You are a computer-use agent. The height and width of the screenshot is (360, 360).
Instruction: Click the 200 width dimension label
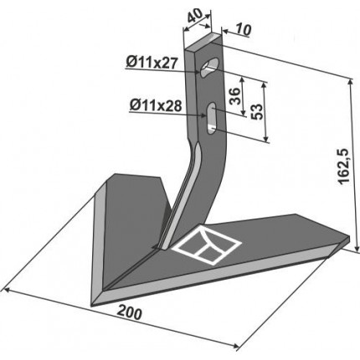[129, 313]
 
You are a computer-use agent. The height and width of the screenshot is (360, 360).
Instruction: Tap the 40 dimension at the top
[195, 16]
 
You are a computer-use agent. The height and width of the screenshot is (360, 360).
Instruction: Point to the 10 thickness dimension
[244, 30]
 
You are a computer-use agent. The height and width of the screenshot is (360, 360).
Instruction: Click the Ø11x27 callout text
[152, 63]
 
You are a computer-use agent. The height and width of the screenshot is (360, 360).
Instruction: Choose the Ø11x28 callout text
[156, 106]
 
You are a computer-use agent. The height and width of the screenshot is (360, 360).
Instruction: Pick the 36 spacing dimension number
[234, 95]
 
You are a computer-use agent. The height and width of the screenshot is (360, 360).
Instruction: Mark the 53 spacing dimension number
[257, 111]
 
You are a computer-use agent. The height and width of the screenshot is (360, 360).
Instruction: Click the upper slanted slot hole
[210, 67]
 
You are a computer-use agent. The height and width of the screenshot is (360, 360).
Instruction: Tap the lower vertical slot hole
[212, 118]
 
